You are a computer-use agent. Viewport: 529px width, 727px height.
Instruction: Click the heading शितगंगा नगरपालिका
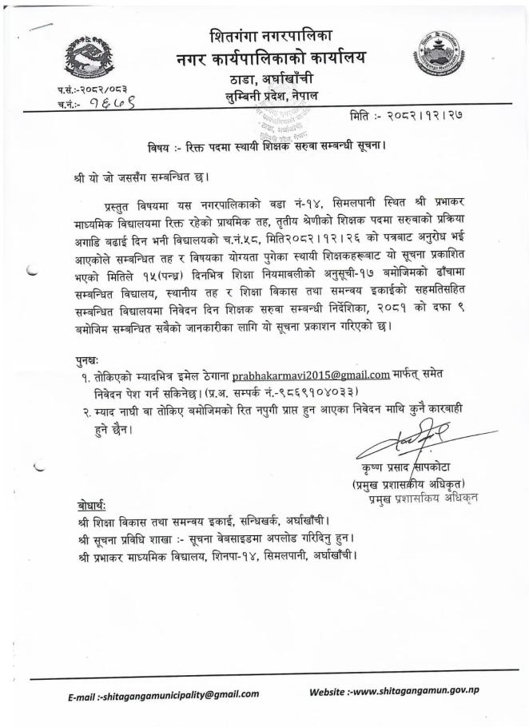[271, 36]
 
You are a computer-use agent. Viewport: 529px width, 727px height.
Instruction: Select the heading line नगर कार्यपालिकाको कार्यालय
[271, 58]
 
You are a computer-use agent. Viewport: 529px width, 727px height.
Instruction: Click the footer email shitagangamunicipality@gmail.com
[153, 695]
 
